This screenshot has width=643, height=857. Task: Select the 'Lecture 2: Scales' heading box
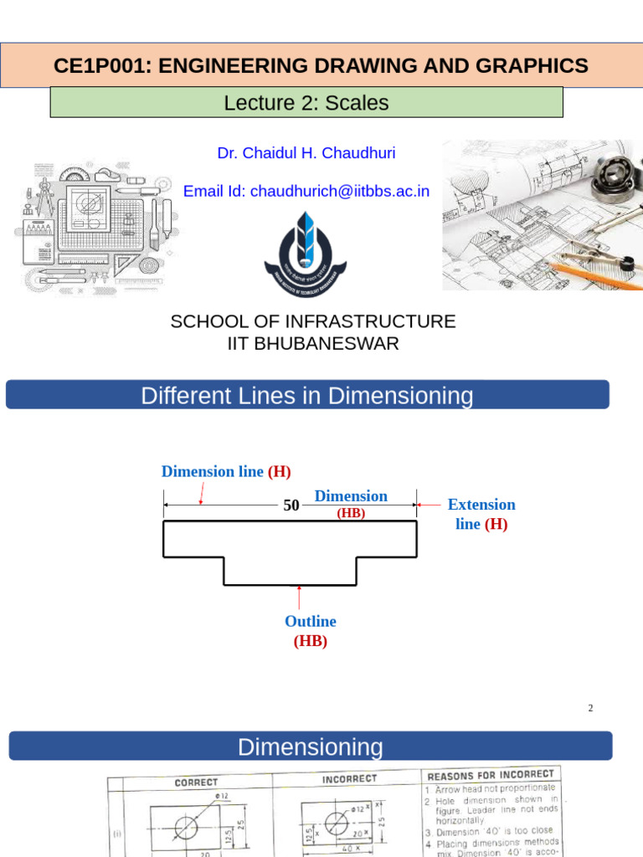[x=306, y=103]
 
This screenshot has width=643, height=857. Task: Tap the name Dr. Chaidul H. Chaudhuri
[x=306, y=153]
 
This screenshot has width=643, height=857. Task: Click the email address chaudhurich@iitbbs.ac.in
[x=339, y=191]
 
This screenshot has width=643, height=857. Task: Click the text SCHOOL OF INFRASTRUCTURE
[x=313, y=321]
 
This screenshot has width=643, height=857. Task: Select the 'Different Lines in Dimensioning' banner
[x=307, y=395]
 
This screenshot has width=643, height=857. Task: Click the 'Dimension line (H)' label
[x=226, y=471]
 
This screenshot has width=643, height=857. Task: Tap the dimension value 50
[x=291, y=505]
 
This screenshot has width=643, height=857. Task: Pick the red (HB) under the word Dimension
[x=351, y=514]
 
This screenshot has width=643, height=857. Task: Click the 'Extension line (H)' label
[x=481, y=514]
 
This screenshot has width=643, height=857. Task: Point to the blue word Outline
[x=310, y=621]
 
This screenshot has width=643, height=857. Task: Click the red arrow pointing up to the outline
[x=300, y=598]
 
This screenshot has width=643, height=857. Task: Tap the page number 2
[x=590, y=708]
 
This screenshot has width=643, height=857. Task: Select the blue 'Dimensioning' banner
[x=310, y=747]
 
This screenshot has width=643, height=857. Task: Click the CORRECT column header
[x=196, y=782]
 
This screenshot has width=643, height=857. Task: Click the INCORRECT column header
[x=350, y=779]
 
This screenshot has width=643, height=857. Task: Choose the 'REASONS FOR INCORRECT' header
[x=491, y=774]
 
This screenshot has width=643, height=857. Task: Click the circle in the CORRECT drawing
[x=187, y=827]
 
